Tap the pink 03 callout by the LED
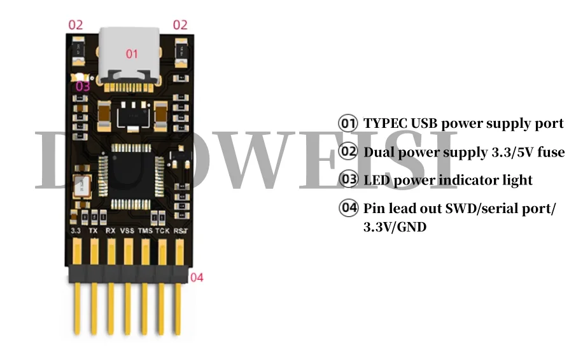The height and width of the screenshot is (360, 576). [83, 86]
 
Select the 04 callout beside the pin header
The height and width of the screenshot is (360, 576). [197, 277]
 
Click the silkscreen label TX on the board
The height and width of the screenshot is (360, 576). [93, 230]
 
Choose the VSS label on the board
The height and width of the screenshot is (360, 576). [127, 230]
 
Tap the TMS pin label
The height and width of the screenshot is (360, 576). [146, 230]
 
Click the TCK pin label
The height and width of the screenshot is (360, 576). [162, 230]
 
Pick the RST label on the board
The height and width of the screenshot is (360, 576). [179, 230]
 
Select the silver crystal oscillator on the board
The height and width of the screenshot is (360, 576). [81, 185]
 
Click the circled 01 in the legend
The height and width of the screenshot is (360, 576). [348, 123]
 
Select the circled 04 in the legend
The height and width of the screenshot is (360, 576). [348, 209]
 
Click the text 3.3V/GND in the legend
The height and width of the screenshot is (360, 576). [395, 226]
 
